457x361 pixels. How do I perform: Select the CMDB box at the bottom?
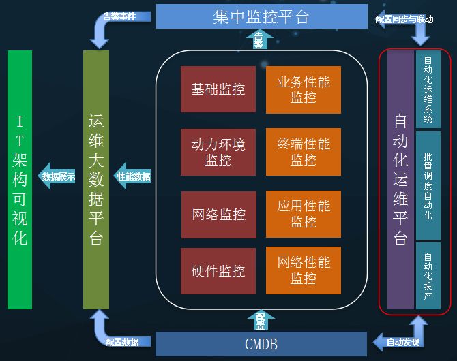point(261,344)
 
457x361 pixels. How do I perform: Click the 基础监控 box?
point(218,89)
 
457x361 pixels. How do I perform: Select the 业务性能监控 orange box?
point(304,89)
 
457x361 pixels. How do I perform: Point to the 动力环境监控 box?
point(218,152)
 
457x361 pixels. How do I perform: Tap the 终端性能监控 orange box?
point(304,152)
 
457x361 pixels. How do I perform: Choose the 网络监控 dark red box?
point(218,215)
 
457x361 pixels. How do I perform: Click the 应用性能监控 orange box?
point(304,215)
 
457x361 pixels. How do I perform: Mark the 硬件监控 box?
point(218,271)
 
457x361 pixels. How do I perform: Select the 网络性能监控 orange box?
point(304,271)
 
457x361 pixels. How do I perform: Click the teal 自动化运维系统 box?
point(428,89)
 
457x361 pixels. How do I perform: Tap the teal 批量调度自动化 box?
point(428,186)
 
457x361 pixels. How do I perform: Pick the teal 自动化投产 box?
point(428,276)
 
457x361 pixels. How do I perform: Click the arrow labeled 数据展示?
point(57,176)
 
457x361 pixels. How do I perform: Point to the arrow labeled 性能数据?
point(132,176)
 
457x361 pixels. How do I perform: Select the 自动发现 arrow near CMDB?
point(401,341)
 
